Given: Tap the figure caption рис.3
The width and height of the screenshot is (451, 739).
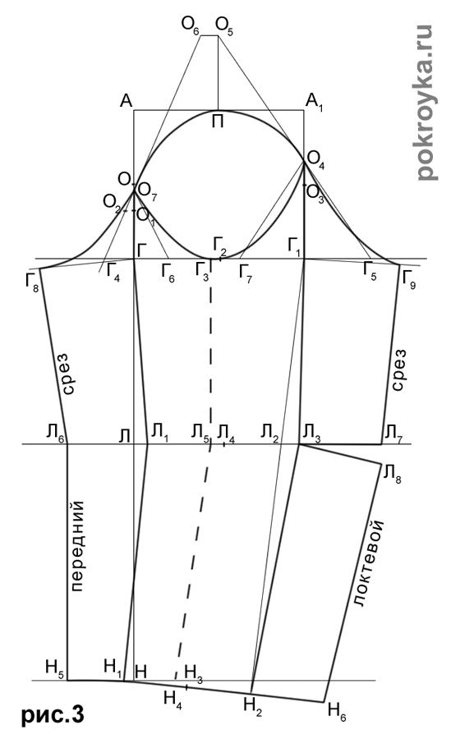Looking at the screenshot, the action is pos(53,715).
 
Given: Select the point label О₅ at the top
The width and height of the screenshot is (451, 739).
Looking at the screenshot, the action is pos(224,25).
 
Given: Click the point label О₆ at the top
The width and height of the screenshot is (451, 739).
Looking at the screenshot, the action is pos(191,25).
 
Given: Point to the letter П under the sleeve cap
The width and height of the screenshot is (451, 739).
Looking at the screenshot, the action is pos(218,122).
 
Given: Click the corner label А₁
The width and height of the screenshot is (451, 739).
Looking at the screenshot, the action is pos(314,101).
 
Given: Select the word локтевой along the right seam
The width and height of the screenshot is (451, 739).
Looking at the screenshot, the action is pos(369,563).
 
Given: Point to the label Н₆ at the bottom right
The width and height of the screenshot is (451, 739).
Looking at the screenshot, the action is pos(337,712).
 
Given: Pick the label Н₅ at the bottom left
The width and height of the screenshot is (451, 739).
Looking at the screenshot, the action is pos(54,668).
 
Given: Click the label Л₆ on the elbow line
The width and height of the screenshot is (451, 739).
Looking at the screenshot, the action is pos(57,432).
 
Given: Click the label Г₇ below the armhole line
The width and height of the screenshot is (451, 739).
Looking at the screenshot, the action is pos(246,273).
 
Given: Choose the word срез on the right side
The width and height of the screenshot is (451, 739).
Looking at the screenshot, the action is pos(398,370).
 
